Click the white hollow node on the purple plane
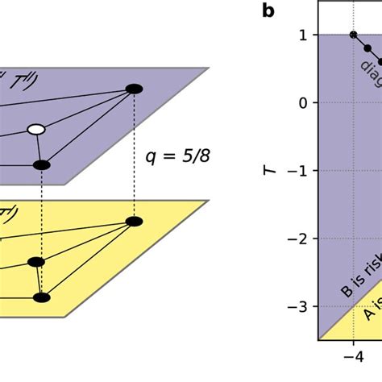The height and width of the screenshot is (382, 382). (x=35, y=129)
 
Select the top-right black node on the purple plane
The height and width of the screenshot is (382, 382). (x=135, y=88)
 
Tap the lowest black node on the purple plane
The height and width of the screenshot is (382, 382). (x=42, y=165)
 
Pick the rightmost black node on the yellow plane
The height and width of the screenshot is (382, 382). (x=135, y=221)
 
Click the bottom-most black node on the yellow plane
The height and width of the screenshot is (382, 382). (x=42, y=297)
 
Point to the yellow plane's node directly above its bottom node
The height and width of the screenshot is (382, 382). (x=35, y=262)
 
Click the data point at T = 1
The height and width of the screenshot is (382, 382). (x=354, y=35)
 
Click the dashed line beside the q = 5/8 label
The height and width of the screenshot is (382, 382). (x=135, y=154)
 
